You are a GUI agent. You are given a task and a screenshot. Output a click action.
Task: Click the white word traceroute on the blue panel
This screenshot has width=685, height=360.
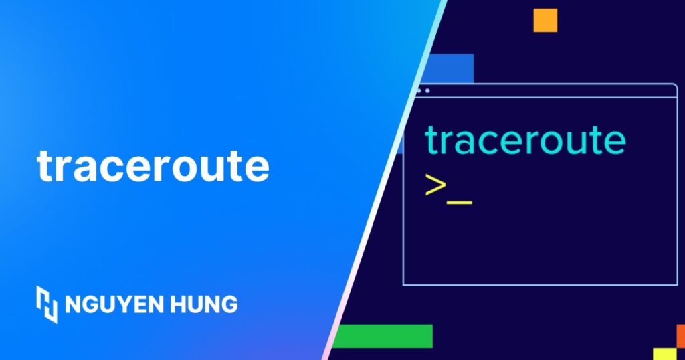[x=153, y=166]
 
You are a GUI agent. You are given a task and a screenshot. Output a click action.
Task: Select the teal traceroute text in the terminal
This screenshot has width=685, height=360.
[x=525, y=141]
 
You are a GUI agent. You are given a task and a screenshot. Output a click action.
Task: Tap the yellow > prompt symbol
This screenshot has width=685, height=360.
[x=435, y=186]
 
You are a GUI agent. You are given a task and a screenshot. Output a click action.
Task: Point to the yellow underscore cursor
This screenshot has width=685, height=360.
[x=460, y=201]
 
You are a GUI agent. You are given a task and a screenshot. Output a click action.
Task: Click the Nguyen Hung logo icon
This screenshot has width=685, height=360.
[x=47, y=304]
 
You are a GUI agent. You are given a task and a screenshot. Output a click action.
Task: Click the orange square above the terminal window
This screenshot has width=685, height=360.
[x=545, y=20]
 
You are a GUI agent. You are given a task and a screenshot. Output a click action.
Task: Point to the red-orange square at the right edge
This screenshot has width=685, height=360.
[x=680, y=335]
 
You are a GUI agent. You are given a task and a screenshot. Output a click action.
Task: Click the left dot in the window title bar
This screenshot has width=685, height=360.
[x=419, y=90]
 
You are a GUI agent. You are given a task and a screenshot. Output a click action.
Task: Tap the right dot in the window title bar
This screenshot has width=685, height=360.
[x=427, y=90]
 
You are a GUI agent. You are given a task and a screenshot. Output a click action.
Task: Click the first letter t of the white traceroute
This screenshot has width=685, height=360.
[x=45, y=166]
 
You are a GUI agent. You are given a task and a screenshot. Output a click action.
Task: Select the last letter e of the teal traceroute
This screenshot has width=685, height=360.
[x=614, y=141]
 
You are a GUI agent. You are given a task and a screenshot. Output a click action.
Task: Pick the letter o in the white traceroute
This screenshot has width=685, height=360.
[x=189, y=168]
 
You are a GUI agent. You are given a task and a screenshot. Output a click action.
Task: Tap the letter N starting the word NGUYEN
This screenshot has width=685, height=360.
[x=72, y=304]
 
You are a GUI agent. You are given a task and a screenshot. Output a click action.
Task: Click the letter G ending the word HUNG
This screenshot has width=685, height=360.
[x=229, y=304]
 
